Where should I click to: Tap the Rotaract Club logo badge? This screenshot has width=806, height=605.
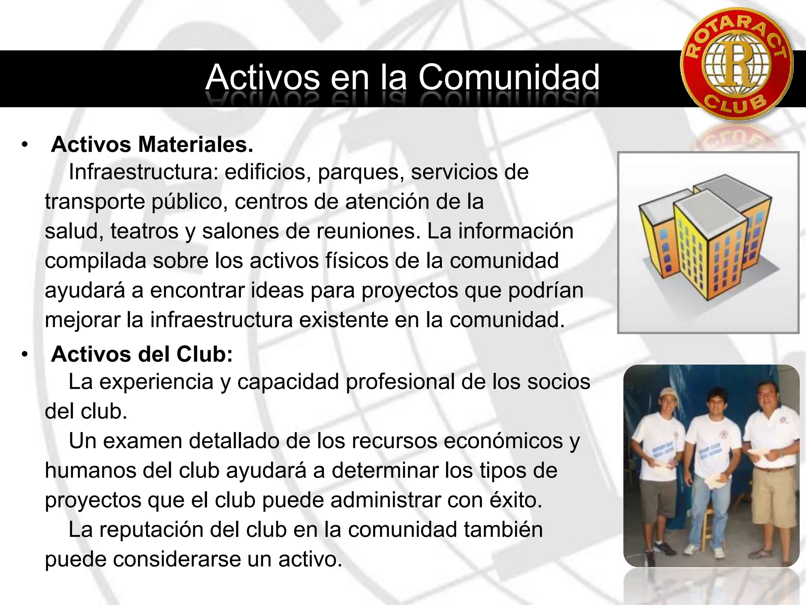(737, 64)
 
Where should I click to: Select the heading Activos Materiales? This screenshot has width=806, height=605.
(152, 145)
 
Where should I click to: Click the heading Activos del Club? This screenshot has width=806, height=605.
(142, 354)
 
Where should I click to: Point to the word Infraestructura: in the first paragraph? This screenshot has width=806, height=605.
(143, 172)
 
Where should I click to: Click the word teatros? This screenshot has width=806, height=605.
(144, 231)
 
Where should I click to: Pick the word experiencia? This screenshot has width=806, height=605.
(156, 382)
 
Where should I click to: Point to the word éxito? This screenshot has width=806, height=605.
(516, 500)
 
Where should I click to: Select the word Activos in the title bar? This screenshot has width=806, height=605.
(263, 78)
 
